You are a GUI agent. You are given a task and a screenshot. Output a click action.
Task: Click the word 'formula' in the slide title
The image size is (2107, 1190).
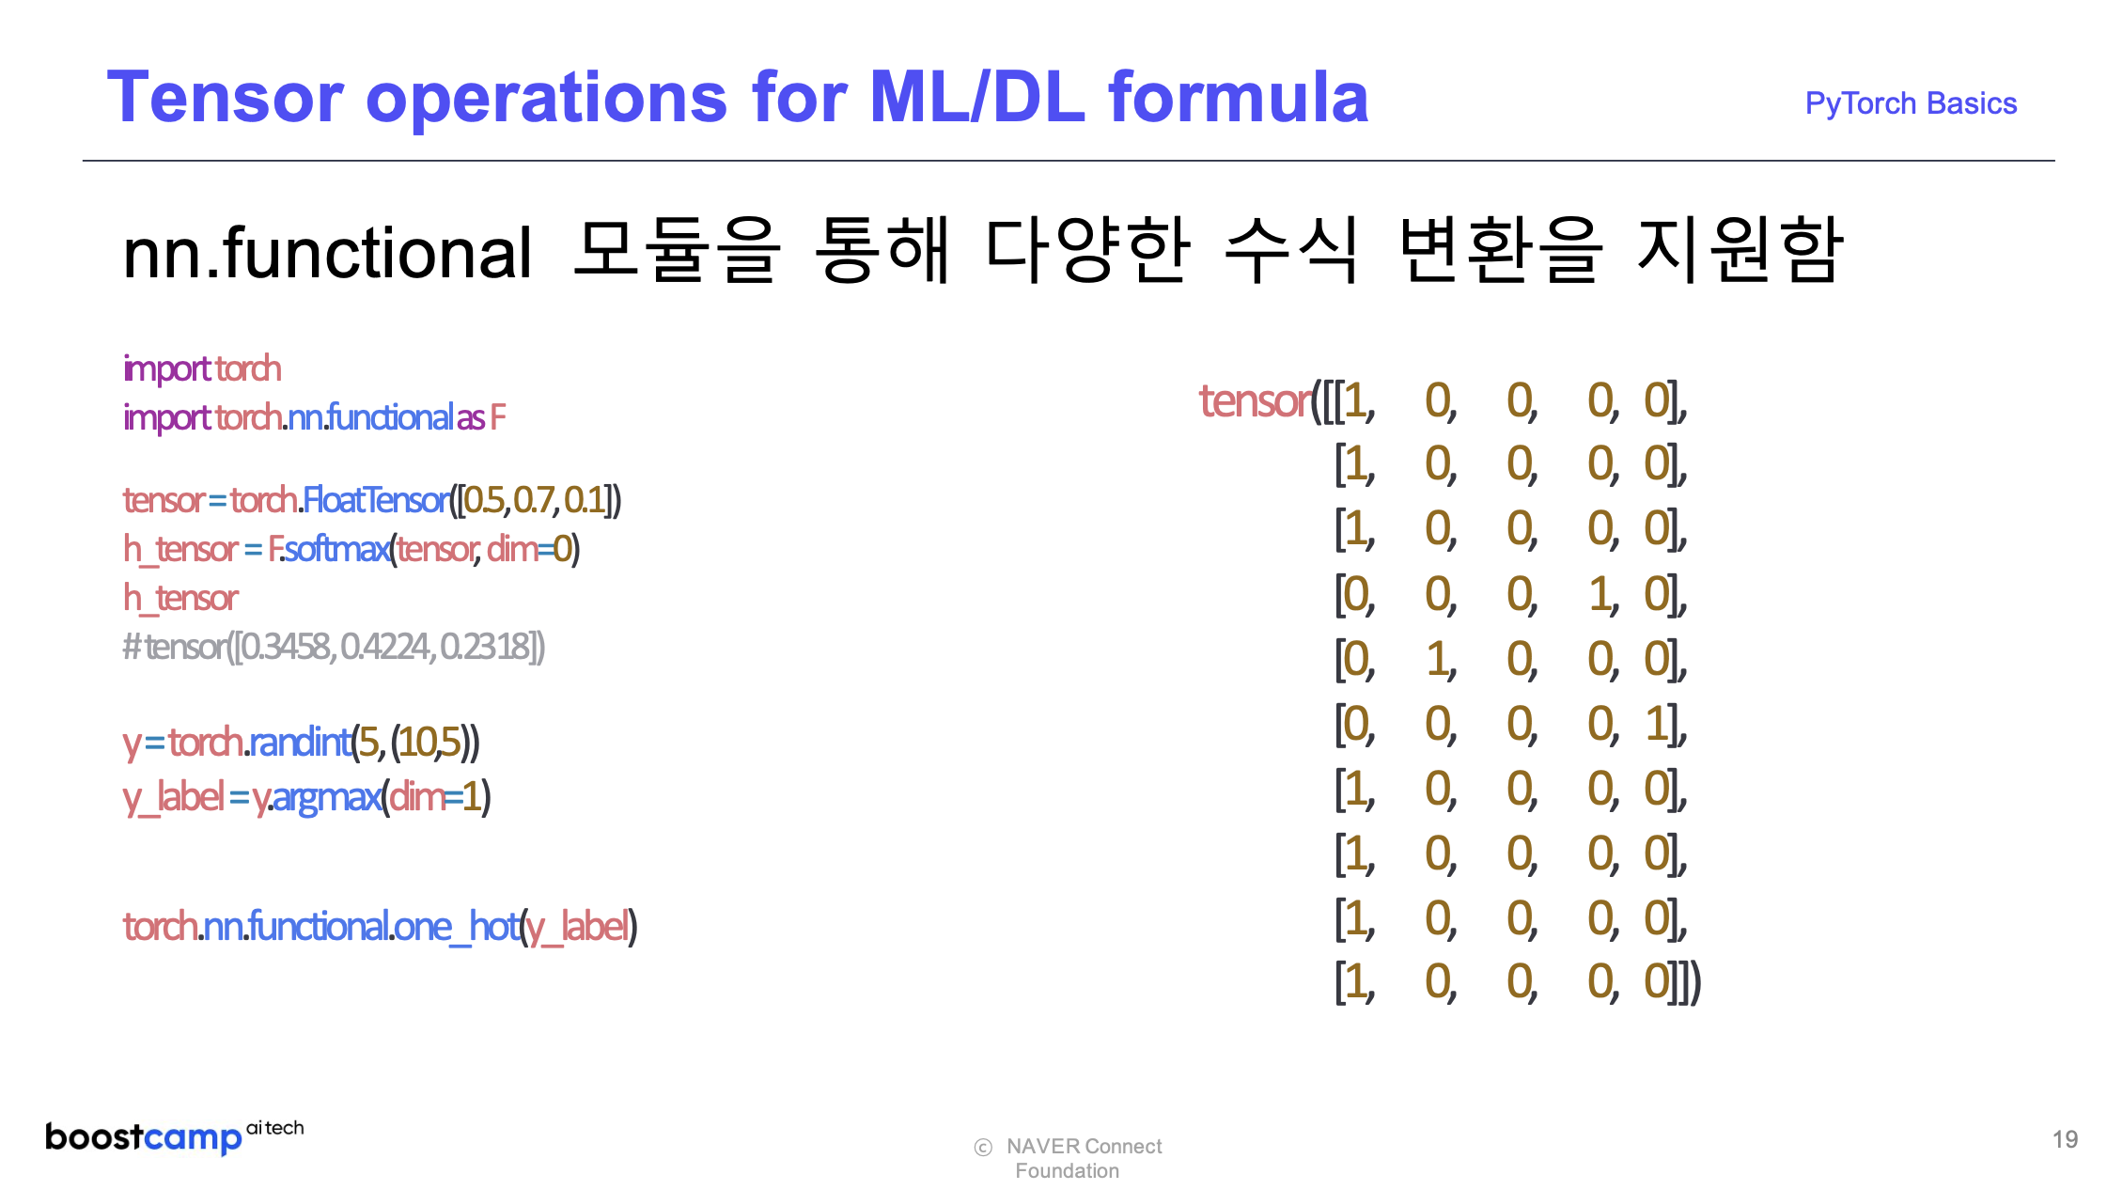(1238, 97)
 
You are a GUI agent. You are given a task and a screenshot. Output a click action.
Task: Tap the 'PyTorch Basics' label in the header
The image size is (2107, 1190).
(1911, 103)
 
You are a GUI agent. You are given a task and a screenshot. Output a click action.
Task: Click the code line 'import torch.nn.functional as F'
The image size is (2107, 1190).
(315, 417)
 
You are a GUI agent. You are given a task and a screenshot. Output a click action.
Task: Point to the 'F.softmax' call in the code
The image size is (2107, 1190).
(329, 548)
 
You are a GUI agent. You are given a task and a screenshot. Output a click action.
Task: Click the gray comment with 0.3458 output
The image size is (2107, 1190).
(334, 647)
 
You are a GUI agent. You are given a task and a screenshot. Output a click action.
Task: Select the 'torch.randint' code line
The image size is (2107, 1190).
(301, 743)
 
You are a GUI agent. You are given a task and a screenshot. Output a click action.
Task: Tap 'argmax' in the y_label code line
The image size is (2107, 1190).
(326, 797)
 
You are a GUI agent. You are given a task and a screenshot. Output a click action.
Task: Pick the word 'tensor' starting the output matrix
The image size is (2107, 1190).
(1256, 401)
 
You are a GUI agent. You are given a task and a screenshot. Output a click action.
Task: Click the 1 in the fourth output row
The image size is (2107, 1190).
(1600, 595)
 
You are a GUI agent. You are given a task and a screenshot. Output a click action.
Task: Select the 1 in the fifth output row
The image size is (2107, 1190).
(1437, 660)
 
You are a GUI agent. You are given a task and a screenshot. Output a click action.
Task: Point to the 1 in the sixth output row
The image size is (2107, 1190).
(1656, 725)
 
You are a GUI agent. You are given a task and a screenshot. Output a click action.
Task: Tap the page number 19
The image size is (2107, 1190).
(2065, 1140)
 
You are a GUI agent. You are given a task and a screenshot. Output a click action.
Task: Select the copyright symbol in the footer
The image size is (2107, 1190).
(983, 1148)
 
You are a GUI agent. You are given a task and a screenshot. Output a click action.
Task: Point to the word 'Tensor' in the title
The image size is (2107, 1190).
(226, 97)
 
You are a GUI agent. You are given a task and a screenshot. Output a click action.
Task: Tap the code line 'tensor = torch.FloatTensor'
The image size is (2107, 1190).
(372, 500)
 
